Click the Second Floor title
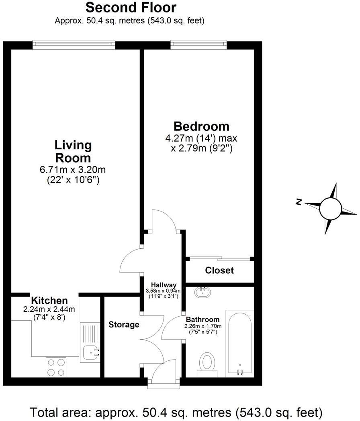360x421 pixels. coord(131,7)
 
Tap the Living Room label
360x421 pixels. coord(73,151)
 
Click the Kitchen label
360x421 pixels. coord(49,300)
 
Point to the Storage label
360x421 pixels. coord(124,324)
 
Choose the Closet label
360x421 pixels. coord(219,270)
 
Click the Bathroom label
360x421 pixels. coord(202,319)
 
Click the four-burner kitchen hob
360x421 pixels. coord(56,366)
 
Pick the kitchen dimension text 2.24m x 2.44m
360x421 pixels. coord(49,309)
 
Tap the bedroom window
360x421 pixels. coord(199,45)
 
